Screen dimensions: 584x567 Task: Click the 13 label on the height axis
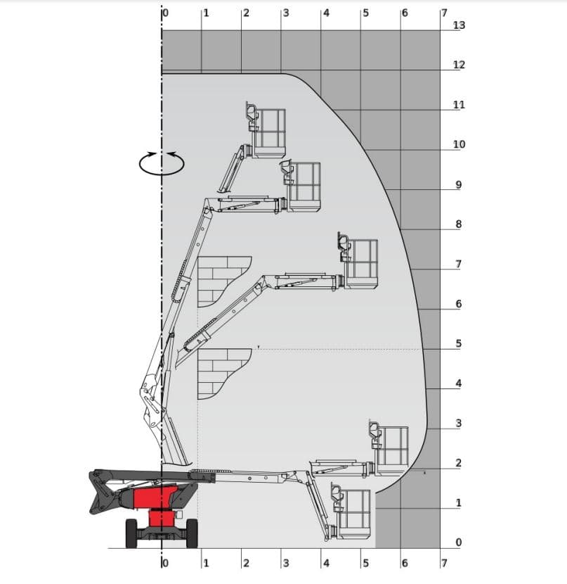point(460,25)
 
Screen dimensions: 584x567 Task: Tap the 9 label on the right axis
point(459,185)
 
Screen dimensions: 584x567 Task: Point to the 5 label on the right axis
point(459,344)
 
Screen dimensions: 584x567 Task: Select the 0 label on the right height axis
point(459,542)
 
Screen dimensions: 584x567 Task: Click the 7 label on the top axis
point(443,13)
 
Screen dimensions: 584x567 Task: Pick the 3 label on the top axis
point(285,13)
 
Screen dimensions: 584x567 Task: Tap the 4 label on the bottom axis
point(326,563)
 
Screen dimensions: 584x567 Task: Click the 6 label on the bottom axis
point(405,563)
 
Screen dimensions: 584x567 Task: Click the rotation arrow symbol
point(162,163)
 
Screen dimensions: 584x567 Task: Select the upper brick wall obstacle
point(221,281)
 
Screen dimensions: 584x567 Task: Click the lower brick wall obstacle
point(221,372)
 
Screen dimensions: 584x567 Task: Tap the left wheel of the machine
point(131,533)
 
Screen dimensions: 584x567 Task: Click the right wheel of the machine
point(190,533)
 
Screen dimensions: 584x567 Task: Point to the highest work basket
point(268,132)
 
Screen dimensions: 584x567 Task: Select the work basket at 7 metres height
point(361,263)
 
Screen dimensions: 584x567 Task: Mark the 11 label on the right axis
point(459,105)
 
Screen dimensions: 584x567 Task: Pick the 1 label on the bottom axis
point(206,563)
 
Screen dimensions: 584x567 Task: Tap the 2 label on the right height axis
point(459,463)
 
